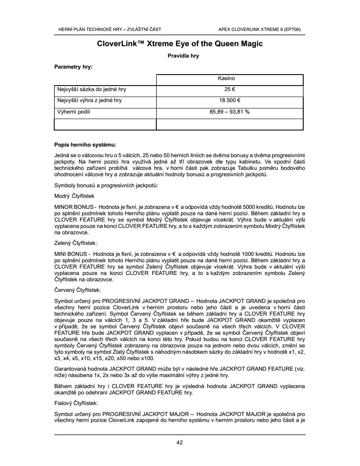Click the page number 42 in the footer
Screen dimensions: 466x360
(x=180, y=443)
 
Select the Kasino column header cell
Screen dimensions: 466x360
(x=230, y=79)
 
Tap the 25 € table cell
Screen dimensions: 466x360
(x=230, y=90)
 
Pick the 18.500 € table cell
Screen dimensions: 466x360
(x=230, y=101)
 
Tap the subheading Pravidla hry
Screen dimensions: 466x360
(x=180, y=56)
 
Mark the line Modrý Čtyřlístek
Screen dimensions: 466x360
(x=75, y=197)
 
